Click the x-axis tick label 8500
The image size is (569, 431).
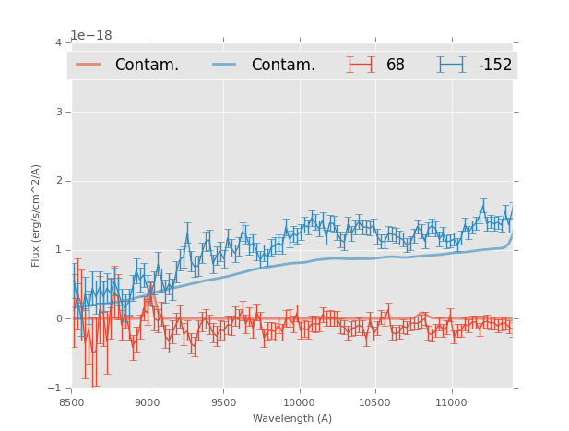tap(71, 402)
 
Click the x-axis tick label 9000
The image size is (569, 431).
tap(148, 402)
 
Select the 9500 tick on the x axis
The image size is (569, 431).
tap(223, 402)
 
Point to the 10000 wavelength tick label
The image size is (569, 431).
tap(299, 402)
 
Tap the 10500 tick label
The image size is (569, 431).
tap(375, 402)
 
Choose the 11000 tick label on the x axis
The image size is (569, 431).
tap(451, 402)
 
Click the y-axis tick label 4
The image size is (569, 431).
tap(58, 42)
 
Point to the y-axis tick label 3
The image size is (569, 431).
tap(58, 112)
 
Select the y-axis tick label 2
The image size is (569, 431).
tap(58, 181)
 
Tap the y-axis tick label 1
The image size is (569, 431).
tap(58, 250)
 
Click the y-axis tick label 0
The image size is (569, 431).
tap(58, 319)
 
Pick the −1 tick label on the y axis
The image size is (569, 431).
tap(55, 389)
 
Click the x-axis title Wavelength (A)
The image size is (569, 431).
tap(292, 418)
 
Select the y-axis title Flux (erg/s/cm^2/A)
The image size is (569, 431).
tap(37, 215)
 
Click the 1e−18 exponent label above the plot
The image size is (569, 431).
tap(91, 35)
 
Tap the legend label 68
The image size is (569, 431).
tap(396, 65)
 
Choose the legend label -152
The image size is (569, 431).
tap(494, 65)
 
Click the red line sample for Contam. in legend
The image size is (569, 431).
tap(89, 65)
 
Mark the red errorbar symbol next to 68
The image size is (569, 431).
tap(361, 65)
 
